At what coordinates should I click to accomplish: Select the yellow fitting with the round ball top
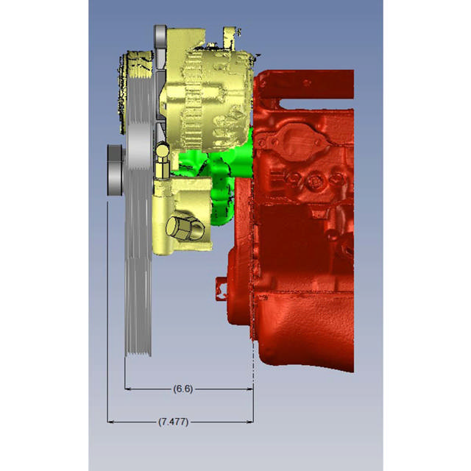(162, 158)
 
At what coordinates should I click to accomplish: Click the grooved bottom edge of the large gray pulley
(137, 353)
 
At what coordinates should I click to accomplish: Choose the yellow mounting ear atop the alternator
(229, 33)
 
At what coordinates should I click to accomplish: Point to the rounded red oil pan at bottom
(302, 331)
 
